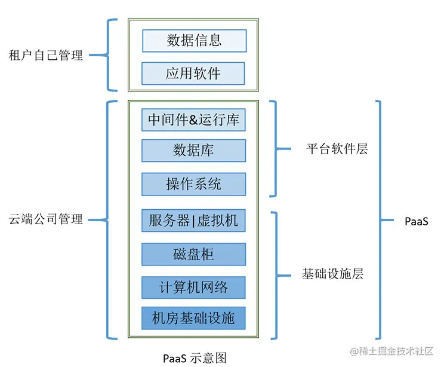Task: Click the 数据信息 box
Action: click(194, 41)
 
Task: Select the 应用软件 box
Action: click(193, 74)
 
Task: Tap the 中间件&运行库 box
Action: click(193, 120)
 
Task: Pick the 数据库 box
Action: click(193, 151)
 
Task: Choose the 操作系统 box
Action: click(193, 184)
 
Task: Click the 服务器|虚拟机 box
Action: click(193, 221)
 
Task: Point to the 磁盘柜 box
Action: click(193, 254)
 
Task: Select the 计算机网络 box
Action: click(193, 288)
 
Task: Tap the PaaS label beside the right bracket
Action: click(416, 222)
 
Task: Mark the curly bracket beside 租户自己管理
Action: click(111, 56)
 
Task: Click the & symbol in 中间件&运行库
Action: click(194, 120)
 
